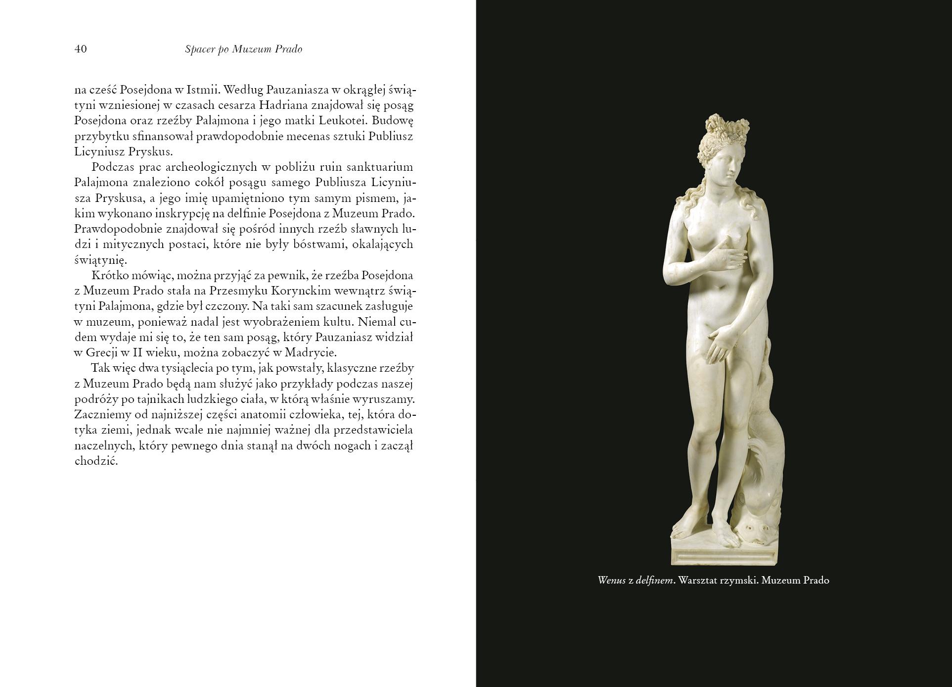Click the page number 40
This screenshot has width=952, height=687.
[81, 49]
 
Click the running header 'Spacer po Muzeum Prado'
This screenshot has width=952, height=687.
[243, 49]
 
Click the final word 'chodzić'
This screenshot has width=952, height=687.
[95, 461]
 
